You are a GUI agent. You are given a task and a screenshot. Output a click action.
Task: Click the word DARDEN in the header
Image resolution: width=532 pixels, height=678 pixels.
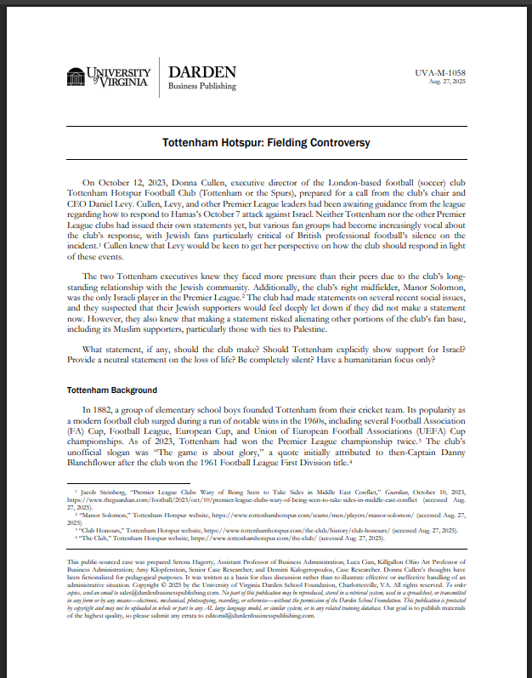click(196, 71)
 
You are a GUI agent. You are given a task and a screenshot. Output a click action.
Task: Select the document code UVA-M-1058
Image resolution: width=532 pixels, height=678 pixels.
click(441, 73)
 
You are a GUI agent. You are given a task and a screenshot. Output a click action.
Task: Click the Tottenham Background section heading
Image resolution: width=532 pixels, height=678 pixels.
click(111, 390)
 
